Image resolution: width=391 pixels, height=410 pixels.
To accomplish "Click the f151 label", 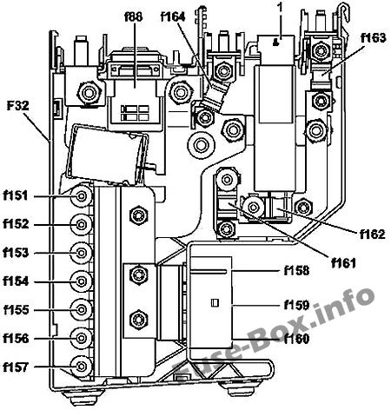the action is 16,195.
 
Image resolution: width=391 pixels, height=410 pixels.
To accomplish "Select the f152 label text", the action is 16,224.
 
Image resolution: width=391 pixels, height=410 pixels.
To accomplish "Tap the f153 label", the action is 16,253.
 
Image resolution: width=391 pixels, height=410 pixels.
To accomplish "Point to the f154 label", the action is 16,281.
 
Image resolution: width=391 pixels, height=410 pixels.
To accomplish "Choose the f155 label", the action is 17,310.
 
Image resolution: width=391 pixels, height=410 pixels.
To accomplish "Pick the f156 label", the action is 16,338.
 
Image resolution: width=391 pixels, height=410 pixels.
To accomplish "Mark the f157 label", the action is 16,367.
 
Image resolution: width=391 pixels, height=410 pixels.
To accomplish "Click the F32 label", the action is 18,106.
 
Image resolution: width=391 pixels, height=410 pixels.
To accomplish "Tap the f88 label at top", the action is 134,17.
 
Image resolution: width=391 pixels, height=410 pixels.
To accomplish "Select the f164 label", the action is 173,17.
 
